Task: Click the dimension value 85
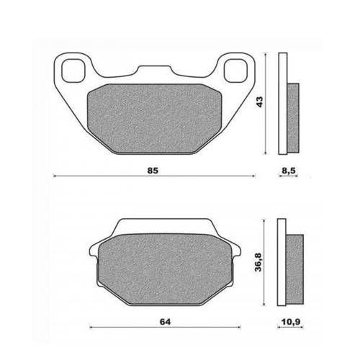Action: (x=153, y=170)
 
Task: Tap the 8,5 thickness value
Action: (x=289, y=170)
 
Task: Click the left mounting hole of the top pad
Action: (x=73, y=70)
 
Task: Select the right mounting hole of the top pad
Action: (x=235, y=70)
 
